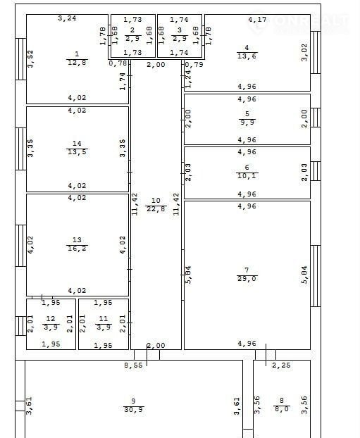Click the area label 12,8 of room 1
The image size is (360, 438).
tap(77, 62)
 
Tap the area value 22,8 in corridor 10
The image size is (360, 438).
tap(156, 209)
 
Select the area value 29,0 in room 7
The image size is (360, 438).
tap(247, 278)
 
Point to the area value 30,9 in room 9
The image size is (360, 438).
tap(134, 410)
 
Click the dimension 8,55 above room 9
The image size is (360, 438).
tap(133, 365)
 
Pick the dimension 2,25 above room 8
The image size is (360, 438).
tap(281, 365)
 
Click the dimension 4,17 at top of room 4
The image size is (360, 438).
tap(257, 20)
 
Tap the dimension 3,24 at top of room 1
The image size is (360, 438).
tap(67, 18)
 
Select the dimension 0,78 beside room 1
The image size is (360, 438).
tap(118, 63)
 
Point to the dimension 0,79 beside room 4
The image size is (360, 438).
tap(194, 65)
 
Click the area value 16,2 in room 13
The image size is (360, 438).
tap(77, 248)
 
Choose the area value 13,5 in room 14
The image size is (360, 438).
tap(77, 152)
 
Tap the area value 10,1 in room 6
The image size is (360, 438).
tap(247, 176)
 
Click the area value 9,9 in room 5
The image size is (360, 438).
tap(247, 122)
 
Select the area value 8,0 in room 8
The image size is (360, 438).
tap(282, 409)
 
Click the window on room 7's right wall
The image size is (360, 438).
tap(316, 276)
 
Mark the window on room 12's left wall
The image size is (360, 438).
tap(20, 326)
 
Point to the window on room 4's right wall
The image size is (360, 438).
tap(316, 53)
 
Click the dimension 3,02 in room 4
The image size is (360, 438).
tap(304, 53)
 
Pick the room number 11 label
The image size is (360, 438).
tap(104, 319)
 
